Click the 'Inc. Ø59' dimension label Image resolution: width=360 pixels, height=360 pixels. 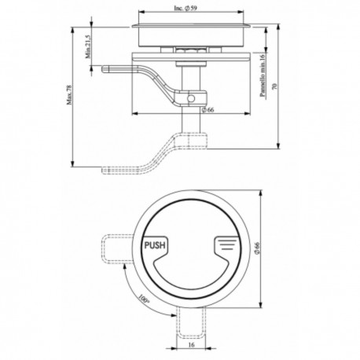coord(191,9)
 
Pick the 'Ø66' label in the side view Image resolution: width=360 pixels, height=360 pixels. coord(208,109)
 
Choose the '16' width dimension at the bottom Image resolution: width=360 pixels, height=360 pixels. coord(191,346)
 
